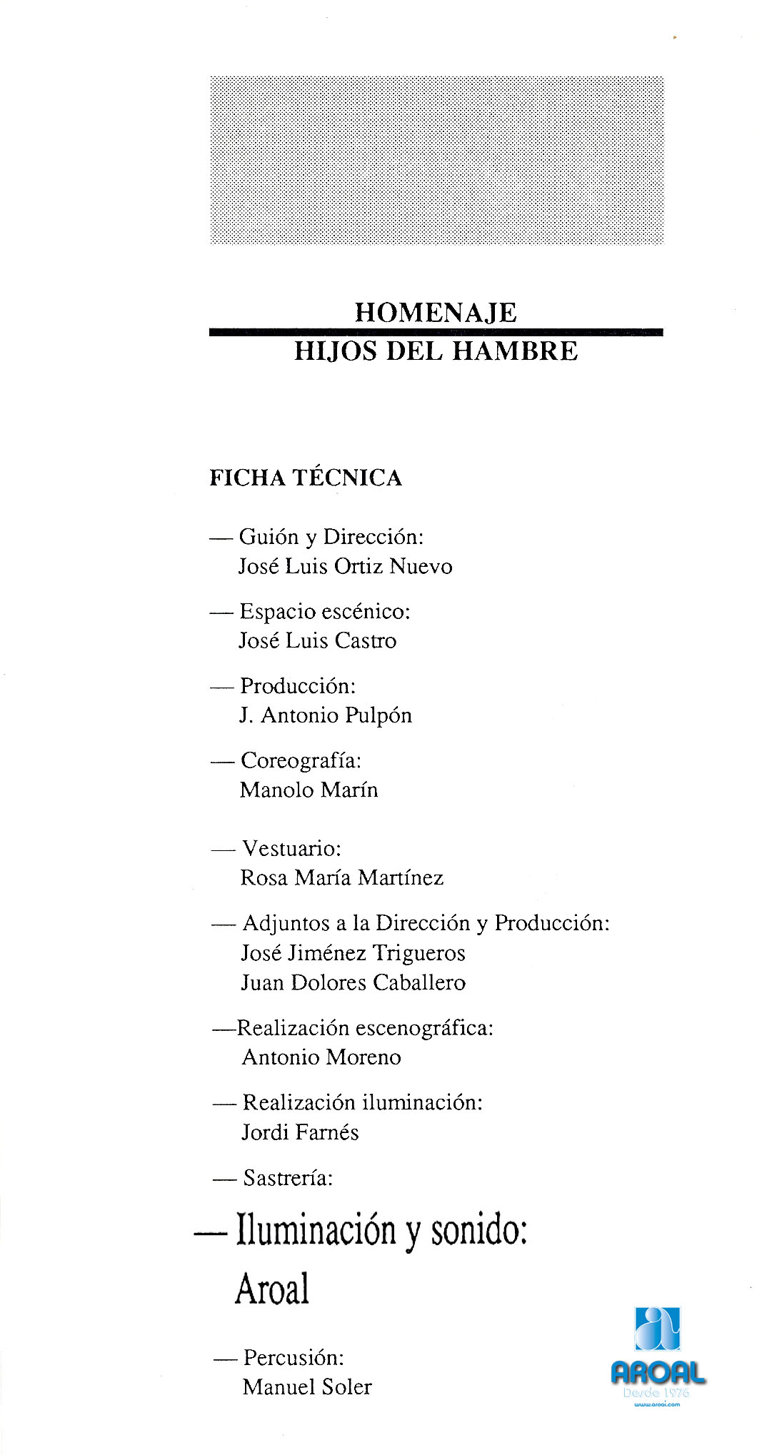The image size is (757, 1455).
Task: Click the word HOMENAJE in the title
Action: (x=436, y=313)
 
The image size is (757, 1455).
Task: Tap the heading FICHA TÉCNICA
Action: (x=306, y=478)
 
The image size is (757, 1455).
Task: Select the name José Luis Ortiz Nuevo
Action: (x=345, y=566)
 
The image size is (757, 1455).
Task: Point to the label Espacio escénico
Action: (x=325, y=611)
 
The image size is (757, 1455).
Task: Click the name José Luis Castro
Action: (x=317, y=640)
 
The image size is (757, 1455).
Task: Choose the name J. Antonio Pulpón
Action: (x=326, y=715)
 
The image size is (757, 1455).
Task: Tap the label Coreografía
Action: (x=301, y=760)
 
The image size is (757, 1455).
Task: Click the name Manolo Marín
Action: (x=309, y=790)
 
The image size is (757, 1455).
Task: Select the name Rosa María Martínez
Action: (x=341, y=877)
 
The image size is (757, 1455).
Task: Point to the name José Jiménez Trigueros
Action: (x=353, y=953)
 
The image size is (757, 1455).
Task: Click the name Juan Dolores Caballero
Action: (x=353, y=982)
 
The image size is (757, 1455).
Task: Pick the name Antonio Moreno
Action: (x=321, y=1057)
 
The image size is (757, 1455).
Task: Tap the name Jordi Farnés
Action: (x=300, y=1132)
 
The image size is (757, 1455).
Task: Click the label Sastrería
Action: (x=288, y=1177)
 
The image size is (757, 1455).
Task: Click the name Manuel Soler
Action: (x=307, y=1386)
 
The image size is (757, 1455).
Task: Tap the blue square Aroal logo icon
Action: (x=657, y=1329)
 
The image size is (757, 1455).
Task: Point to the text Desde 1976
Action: (x=656, y=1392)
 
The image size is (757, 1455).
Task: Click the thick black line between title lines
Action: (x=436, y=332)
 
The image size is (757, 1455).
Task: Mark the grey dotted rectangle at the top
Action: (x=436, y=160)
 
